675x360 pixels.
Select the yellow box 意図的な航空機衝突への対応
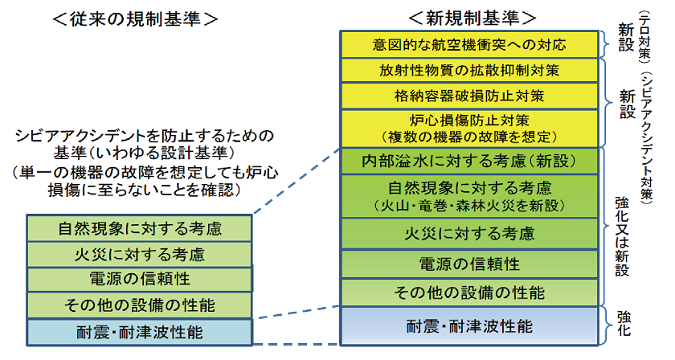pyautogui.click(x=471, y=44)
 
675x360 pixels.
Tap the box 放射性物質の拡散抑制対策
pyautogui.click(x=471, y=70)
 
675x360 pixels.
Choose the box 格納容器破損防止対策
pyautogui.click(x=471, y=96)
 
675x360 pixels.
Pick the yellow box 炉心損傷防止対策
pyautogui.click(x=471, y=128)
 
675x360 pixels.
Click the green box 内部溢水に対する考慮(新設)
pyautogui.click(x=471, y=160)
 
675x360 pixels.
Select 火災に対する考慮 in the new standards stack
pyautogui.click(x=471, y=234)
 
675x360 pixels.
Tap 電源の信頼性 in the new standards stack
pyautogui.click(x=471, y=264)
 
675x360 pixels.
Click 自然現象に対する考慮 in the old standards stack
pyautogui.click(x=140, y=228)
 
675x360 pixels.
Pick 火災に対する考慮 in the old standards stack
pyautogui.click(x=140, y=255)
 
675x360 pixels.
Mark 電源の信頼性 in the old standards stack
pyautogui.click(x=140, y=280)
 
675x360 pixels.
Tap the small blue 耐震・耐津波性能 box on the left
pyautogui.click(x=140, y=329)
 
